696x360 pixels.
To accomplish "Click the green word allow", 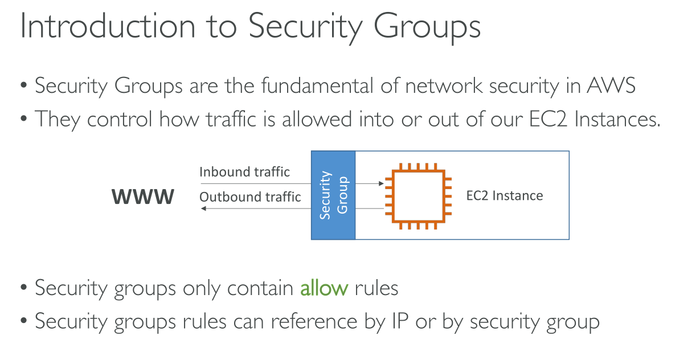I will (x=324, y=288).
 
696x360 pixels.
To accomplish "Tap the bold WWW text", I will (x=142, y=197).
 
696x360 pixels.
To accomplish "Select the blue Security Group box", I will (x=333, y=195).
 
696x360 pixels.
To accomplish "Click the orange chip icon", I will (x=418, y=195).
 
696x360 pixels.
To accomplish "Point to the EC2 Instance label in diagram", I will (x=504, y=196).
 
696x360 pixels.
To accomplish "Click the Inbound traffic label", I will (x=244, y=171).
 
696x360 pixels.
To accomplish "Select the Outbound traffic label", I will (x=250, y=197).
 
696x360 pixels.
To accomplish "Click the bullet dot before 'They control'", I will (x=24, y=120).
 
